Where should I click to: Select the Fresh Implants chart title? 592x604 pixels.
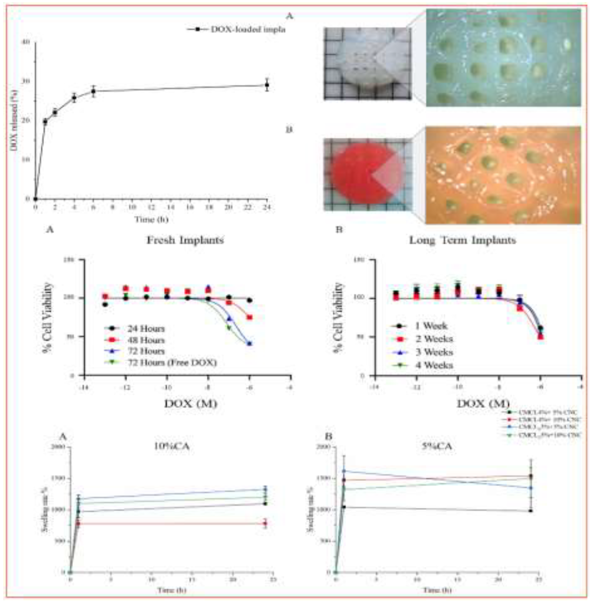coord(185,240)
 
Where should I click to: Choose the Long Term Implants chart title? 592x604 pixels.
coord(462,240)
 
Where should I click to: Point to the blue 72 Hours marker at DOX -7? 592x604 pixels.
coord(230,318)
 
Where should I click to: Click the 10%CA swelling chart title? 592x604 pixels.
coord(172,446)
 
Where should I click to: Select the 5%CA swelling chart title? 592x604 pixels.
coord(437,446)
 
